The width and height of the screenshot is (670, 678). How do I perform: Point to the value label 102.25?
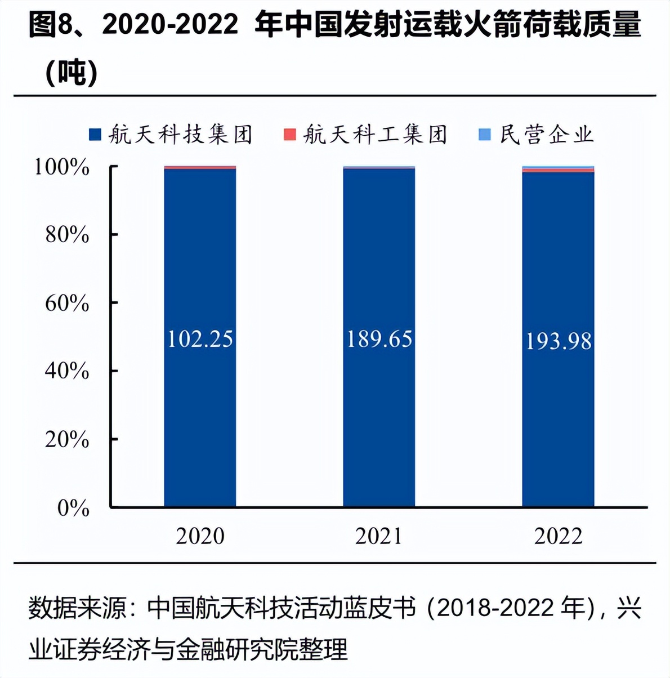(200, 339)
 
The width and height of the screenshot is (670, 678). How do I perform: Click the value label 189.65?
(379, 339)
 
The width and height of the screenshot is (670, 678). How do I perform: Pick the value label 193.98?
(558, 341)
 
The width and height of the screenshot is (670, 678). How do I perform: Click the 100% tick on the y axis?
(62, 167)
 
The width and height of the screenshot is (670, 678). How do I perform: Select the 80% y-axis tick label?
(67, 235)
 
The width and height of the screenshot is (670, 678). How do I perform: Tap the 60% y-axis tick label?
(67, 303)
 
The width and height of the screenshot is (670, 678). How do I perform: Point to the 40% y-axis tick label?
(67, 371)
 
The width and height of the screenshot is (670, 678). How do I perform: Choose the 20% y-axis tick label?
(67, 439)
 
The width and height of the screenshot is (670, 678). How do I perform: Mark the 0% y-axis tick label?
(73, 508)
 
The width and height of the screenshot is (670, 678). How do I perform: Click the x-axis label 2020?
(200, 536)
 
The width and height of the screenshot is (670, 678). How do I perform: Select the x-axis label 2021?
(379, 536)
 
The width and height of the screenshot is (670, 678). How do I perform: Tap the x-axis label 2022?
(558, 536)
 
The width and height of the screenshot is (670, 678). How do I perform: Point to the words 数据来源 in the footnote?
(77, 609)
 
